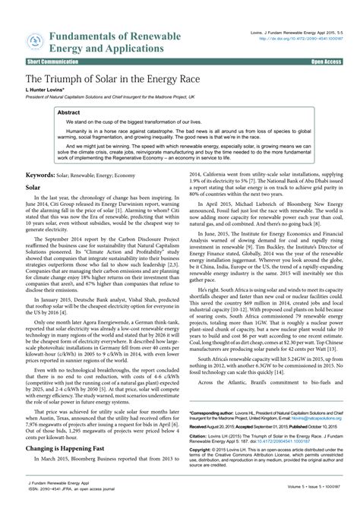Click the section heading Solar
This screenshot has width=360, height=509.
[33, 185]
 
